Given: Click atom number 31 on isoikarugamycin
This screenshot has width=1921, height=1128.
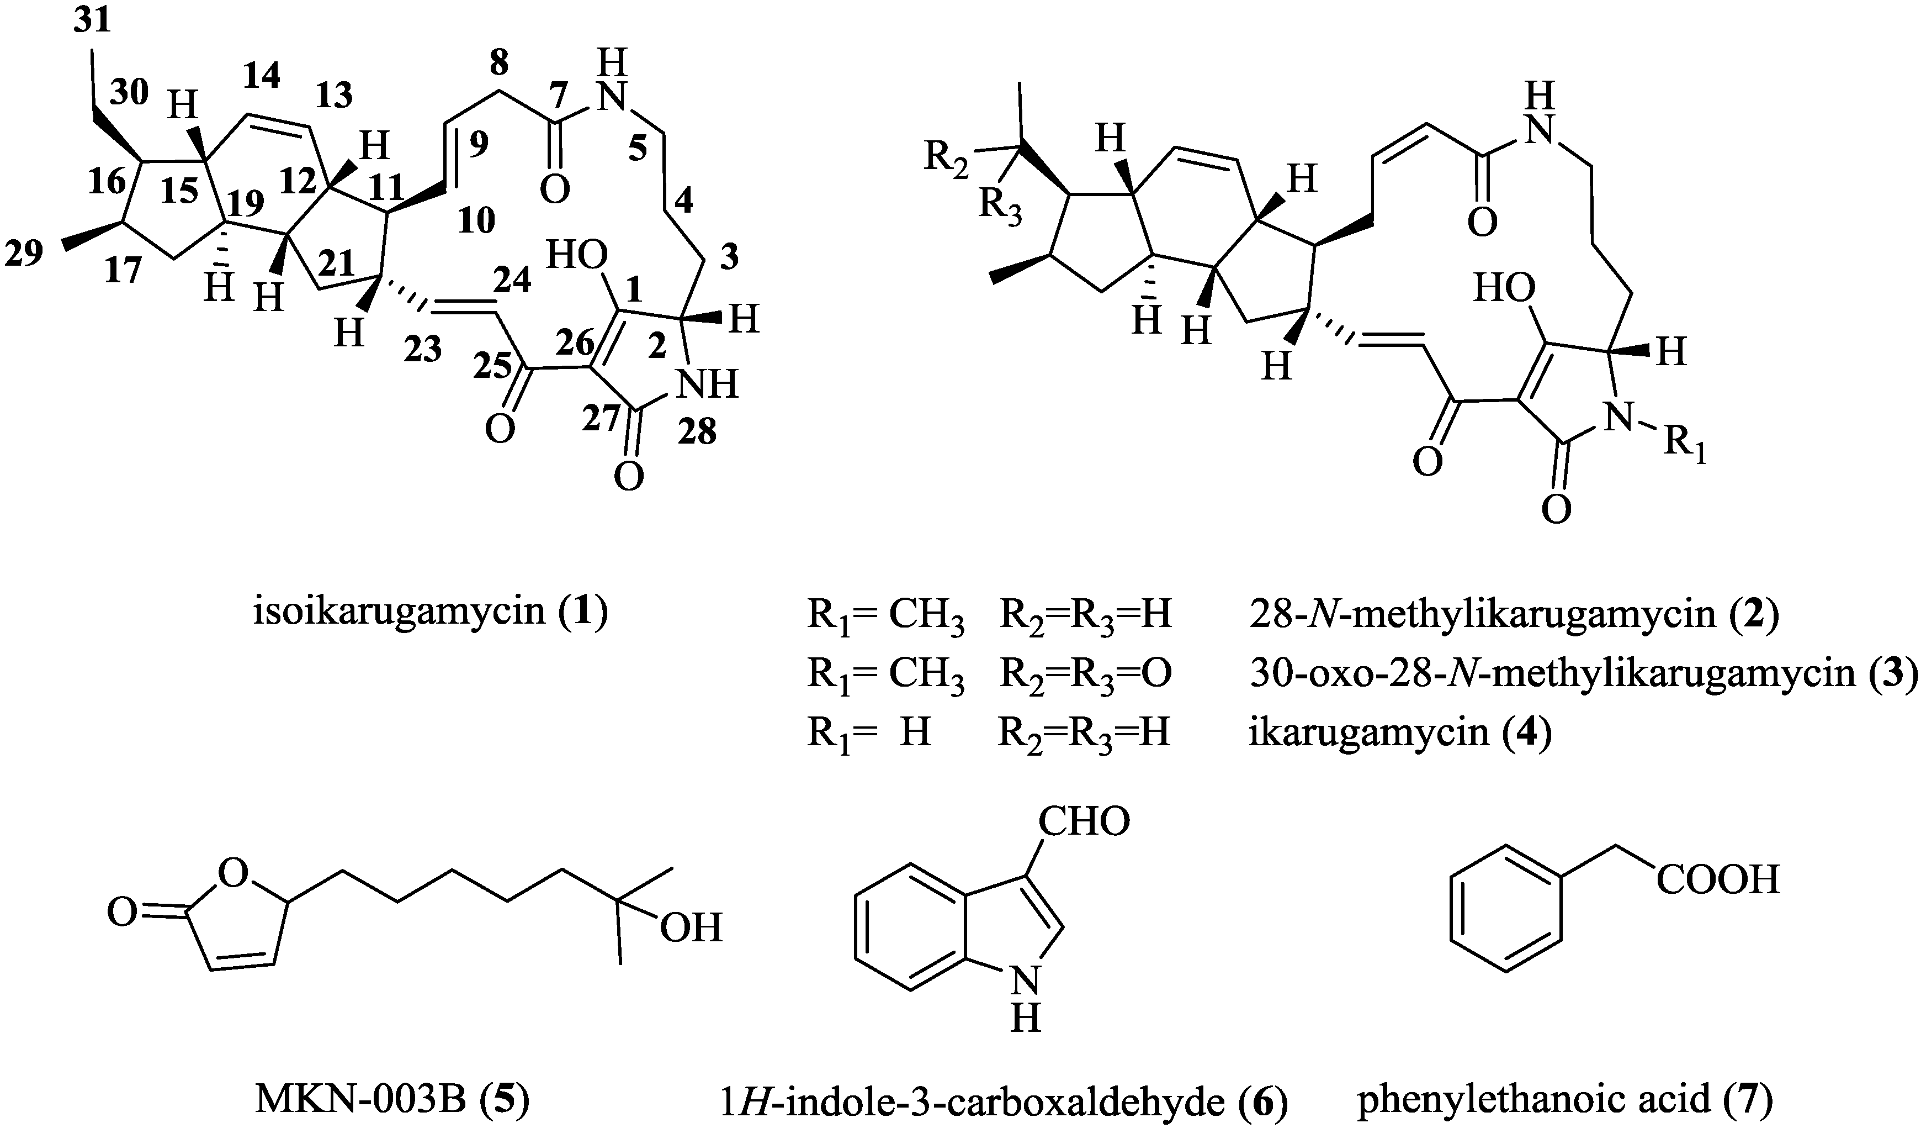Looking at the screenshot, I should point(92,22).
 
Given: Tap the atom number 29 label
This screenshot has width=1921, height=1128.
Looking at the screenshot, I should point(24,253).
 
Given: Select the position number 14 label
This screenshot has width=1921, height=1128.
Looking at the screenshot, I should point(262,75).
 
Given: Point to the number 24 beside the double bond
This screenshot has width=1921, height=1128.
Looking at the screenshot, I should point(512,281).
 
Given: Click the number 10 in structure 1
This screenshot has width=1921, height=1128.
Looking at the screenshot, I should point(476,221).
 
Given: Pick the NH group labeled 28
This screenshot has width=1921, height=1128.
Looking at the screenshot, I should point(708,385).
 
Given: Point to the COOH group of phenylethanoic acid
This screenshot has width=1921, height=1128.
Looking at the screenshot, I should point(1717,881).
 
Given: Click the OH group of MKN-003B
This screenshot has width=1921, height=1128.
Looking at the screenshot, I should point(691,929).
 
